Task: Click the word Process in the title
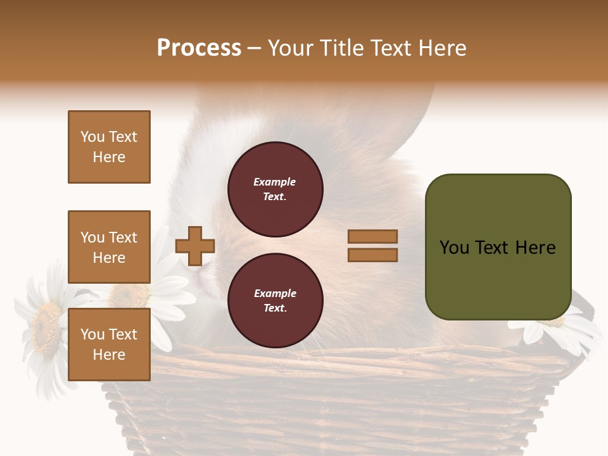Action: click(x=199, y=48)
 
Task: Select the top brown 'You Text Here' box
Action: click(x=109, y=147)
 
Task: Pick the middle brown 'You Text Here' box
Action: click(x=109, y=247)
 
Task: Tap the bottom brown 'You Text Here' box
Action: click(x=109, y=345)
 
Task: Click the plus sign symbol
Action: click(x=195, y=246)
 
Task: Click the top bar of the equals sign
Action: click(x=372, y=236)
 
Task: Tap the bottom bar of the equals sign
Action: click(x=372, y=255)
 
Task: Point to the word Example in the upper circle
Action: click(x=275, y=182)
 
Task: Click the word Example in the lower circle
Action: click(x=275, y=293)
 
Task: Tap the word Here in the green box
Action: click(x=535, y=248)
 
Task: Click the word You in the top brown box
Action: click(x=92, y=137)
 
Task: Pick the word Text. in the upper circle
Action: click(x=275, y=196)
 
